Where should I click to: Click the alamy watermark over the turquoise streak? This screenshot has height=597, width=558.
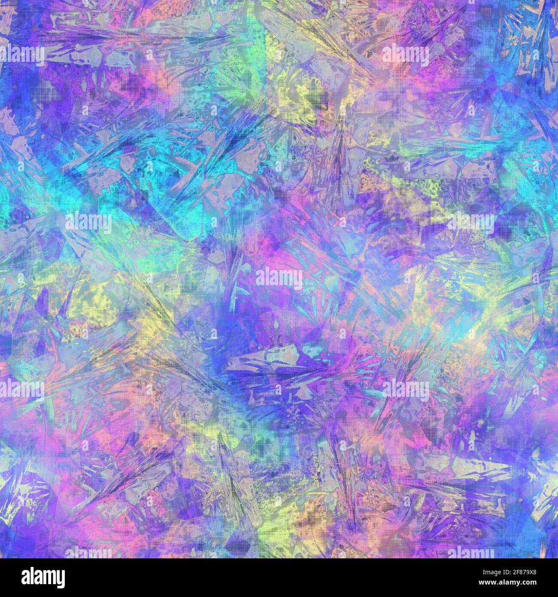click(x=89, y=222)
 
